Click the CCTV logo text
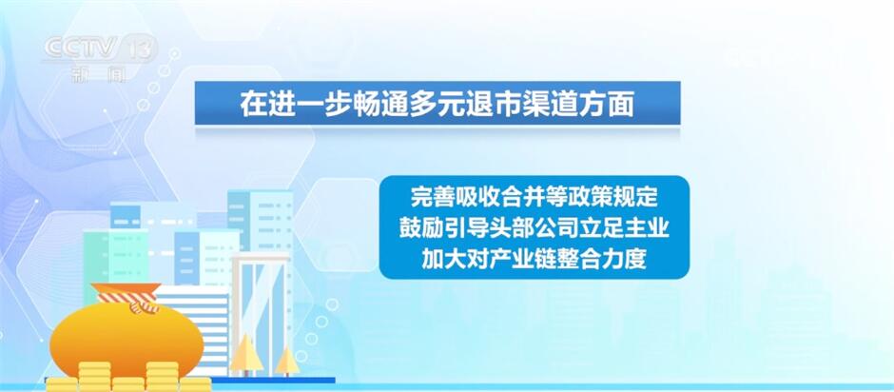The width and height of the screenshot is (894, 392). [x=81, y=48]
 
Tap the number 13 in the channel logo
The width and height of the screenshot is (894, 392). [x=139, y=49]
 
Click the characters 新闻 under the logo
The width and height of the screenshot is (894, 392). [x=99, y=74]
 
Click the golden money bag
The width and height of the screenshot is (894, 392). [x=126, y=340]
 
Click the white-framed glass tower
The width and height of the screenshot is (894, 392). [x=260, y=314]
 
